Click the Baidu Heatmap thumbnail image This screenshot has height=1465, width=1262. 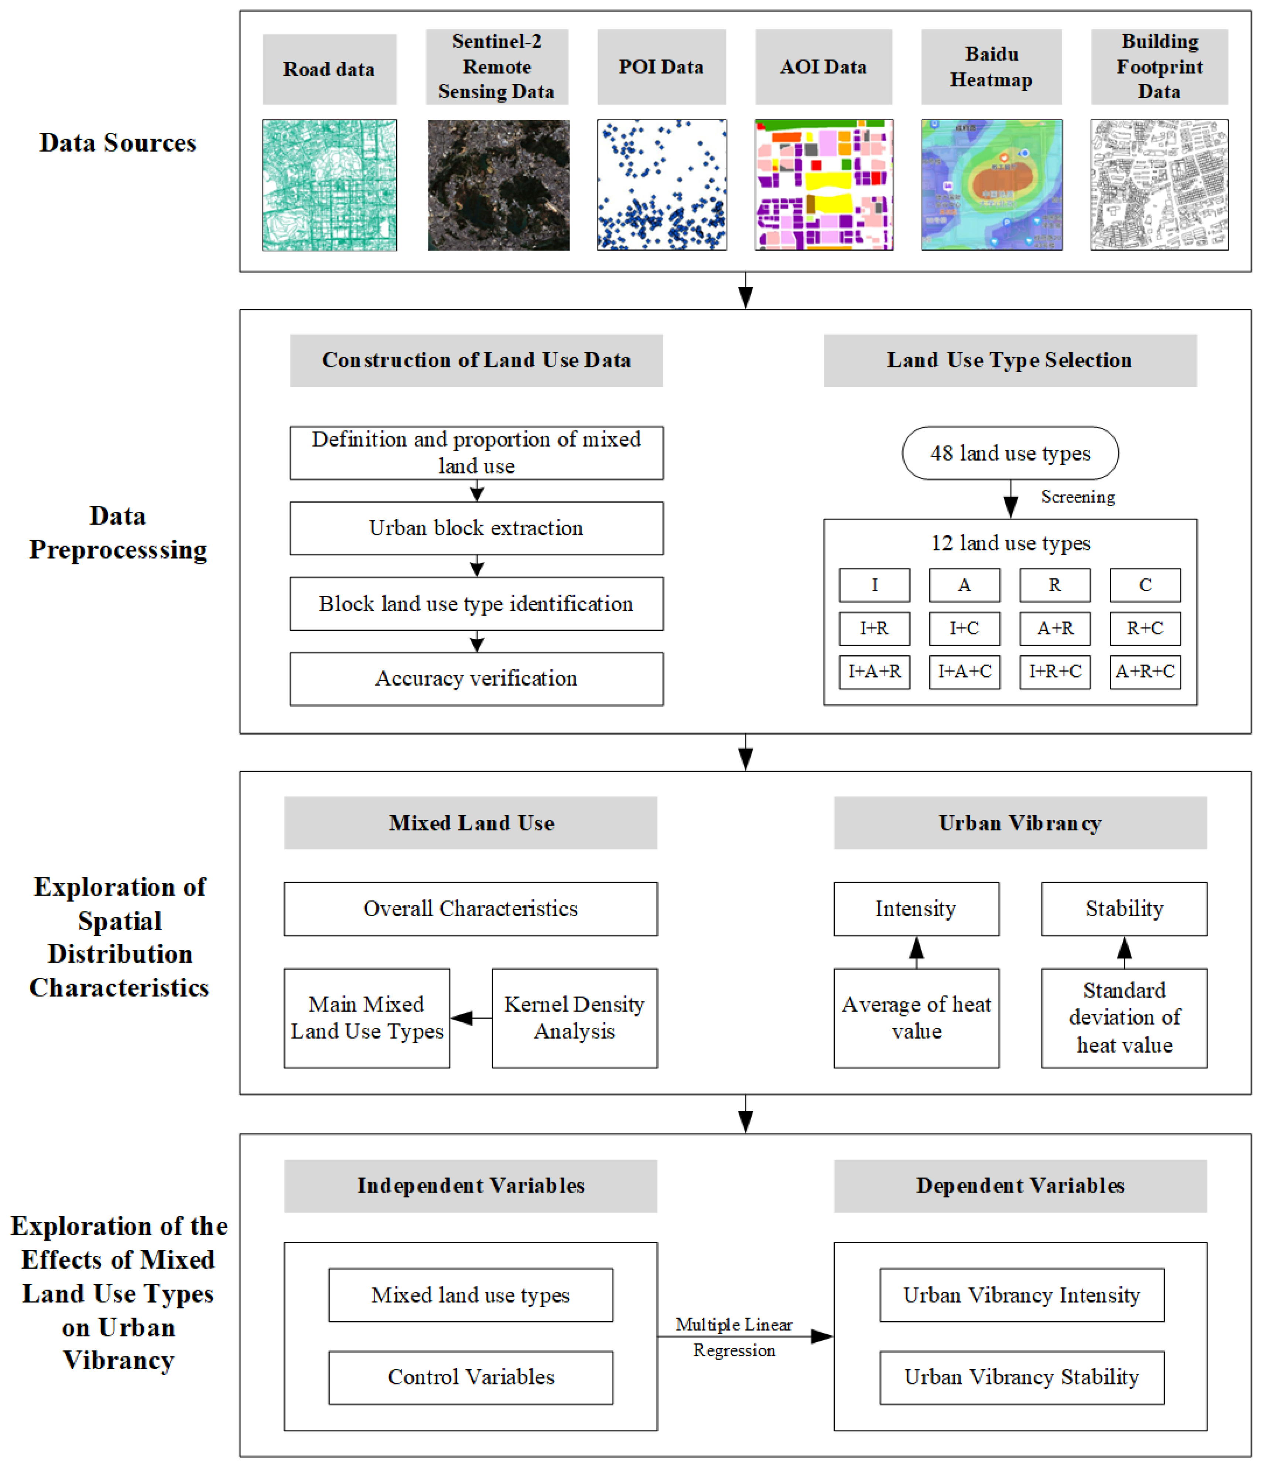991,184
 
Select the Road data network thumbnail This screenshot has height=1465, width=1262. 329,184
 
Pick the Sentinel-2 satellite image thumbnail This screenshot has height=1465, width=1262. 498,184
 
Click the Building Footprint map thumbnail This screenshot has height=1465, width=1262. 1160,184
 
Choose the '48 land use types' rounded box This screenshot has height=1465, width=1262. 1010,453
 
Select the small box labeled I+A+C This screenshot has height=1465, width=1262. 965,672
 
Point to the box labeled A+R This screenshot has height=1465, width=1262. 1055,629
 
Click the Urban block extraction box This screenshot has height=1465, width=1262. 476,528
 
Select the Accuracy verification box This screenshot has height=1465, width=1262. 476,679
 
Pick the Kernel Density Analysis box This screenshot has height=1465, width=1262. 574,1018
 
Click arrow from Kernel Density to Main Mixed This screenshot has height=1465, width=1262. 471,1018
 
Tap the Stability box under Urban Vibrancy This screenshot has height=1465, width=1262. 1124,908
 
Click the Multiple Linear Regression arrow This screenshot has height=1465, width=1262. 745,1336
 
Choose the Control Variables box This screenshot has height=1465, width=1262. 471,1377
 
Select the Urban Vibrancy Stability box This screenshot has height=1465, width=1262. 1022,1377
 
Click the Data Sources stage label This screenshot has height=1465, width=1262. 118,143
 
